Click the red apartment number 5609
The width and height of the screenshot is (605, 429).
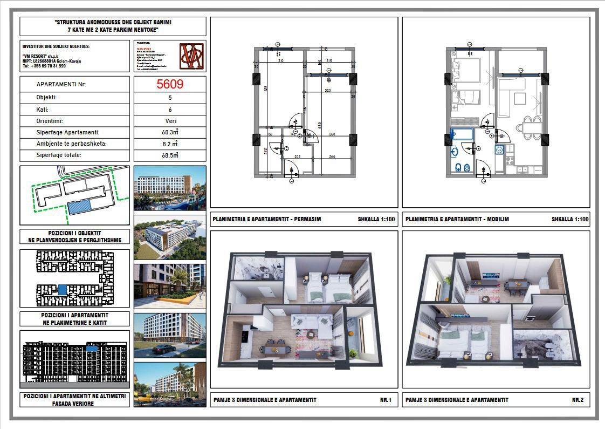click(170, 84)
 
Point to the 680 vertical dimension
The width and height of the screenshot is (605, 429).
click(320, 124)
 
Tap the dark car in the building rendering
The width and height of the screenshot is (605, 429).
click(161, 349)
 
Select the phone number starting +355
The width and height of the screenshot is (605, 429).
click(45, 66)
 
